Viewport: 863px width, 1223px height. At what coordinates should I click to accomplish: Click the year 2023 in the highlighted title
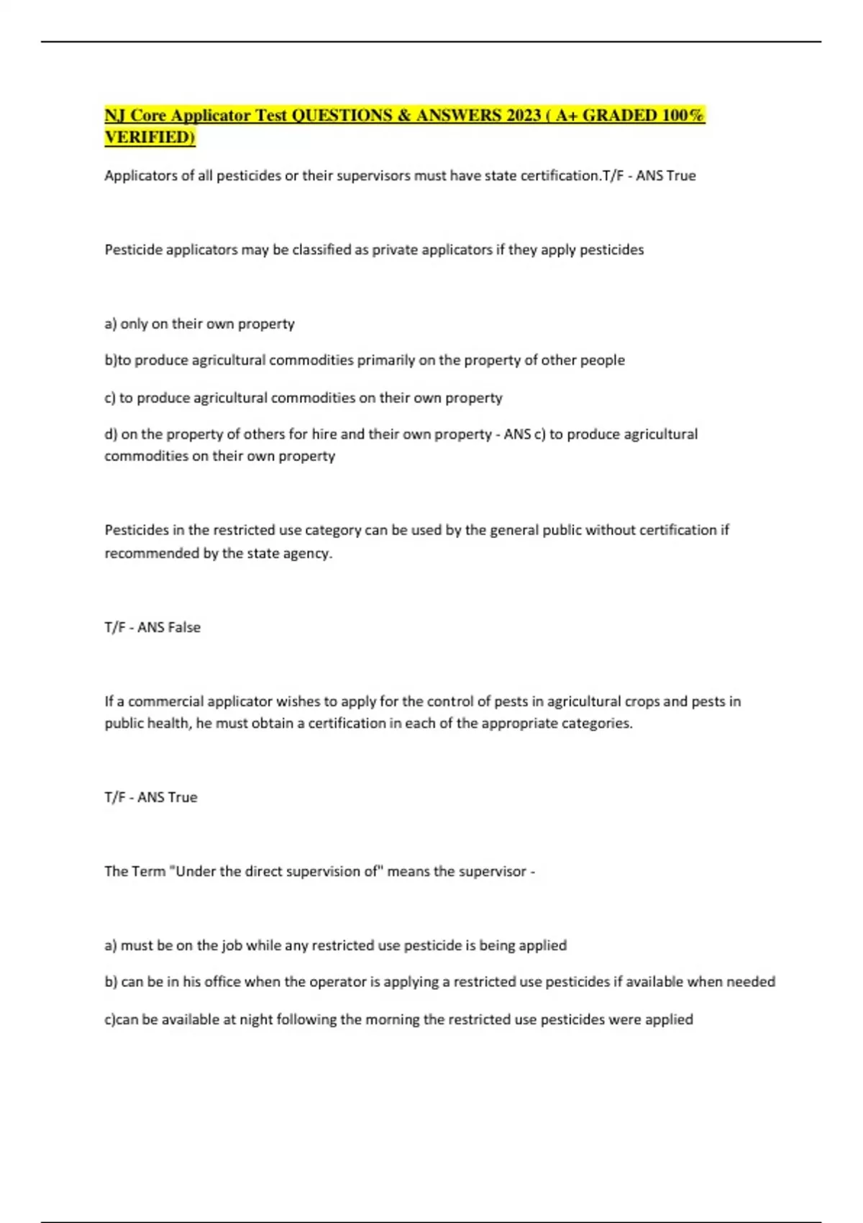click(x=522, y=115)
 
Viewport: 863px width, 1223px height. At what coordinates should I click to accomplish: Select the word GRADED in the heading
click(x=619, y=115)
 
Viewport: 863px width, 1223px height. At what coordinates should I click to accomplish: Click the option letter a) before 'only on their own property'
click(x=111, y=324)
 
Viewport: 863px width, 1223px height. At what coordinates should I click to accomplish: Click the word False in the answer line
click(x=184, y=627)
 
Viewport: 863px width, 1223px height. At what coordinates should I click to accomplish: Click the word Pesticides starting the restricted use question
click(x=135, y=530)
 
